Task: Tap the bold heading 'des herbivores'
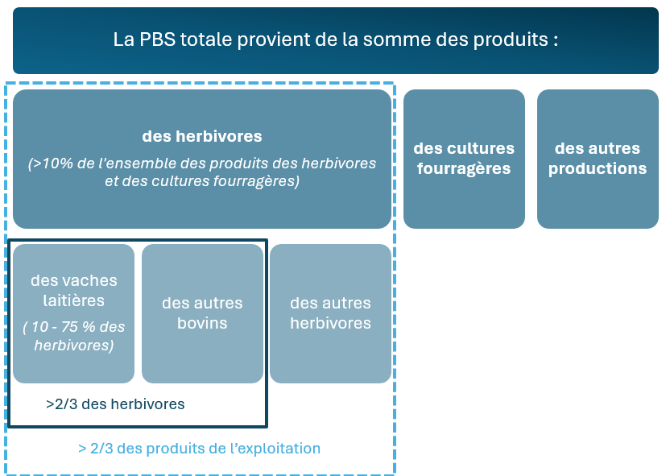coord(202,136)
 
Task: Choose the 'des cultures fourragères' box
coord(464,159)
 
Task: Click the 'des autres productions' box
coord(598,159)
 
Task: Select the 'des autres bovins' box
coord(202,313)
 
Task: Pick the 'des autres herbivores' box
coord(330,313)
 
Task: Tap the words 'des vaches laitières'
coord(73,291)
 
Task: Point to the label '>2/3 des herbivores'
coord(115,404)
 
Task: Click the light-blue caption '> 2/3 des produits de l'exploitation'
coord(199,449)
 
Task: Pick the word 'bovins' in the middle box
coord(202,324)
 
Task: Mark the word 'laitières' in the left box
coord(73,300)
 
